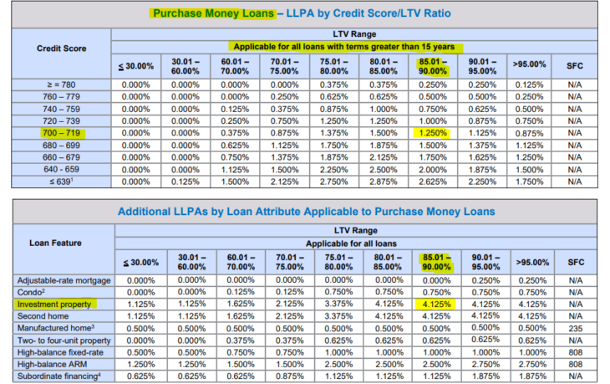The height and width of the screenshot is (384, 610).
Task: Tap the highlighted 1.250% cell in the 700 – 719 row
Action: click(434, 132)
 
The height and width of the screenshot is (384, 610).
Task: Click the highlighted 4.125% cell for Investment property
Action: click(434, 305)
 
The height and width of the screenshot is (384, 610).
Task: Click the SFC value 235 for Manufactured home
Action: click(574, 329)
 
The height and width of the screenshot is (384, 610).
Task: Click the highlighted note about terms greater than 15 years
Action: click(343, 46)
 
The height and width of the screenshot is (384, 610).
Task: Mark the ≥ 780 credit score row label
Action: click(61, 84)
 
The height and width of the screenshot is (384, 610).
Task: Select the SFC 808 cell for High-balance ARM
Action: click(574, 364)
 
